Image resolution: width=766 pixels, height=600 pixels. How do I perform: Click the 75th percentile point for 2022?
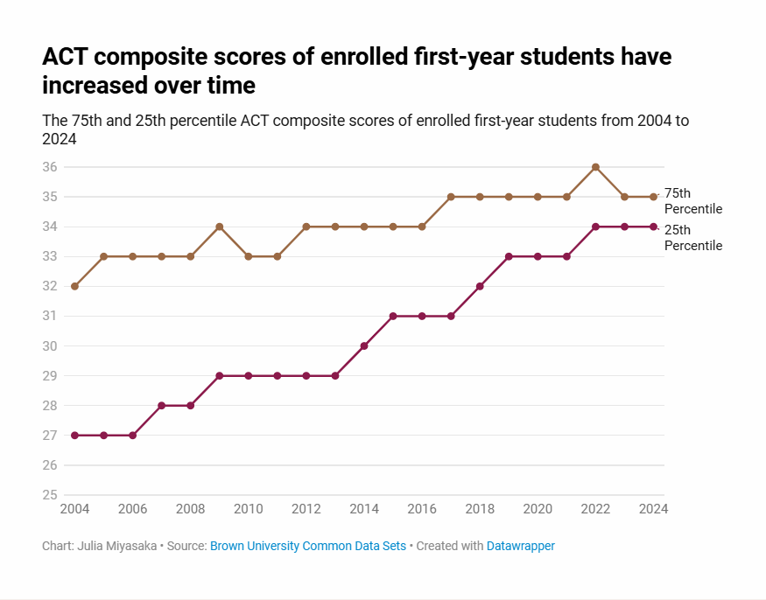pos(595,167)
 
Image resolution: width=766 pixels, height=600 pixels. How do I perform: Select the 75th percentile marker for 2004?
pos(74,286)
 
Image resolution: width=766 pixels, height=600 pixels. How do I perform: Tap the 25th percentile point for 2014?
pos(364,345)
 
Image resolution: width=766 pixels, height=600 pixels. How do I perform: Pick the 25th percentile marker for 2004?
pos(74,435)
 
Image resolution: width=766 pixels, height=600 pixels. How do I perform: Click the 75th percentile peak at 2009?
pos(220,227)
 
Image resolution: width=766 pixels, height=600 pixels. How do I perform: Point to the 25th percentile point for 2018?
pos(480,286)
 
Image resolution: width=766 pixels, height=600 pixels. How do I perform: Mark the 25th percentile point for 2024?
pos(653,227)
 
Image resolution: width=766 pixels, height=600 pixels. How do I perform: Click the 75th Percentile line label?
pos(692,200)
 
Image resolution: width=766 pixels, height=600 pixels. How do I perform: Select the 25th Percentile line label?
pos(692,238)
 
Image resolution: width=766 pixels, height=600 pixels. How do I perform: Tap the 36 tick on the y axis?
pos(50,167)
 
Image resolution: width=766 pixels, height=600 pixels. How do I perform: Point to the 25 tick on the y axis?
pos(50,495)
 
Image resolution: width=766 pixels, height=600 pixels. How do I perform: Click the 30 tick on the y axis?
pos(50,345)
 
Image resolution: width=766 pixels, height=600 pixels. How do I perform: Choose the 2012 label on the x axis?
pos(306,509)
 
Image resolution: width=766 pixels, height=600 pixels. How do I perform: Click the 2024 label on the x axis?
pos(653,509)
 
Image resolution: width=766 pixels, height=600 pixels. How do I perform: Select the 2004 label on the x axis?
pos(74,509)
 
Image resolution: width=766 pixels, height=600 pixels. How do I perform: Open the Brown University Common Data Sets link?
pos(308,546)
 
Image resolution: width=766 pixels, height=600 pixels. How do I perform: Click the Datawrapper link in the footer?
pos(521,546)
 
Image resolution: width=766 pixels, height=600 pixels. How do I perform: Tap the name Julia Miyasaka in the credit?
pos(118,546)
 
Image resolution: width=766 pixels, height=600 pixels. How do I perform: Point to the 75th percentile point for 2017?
pos(451,197)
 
